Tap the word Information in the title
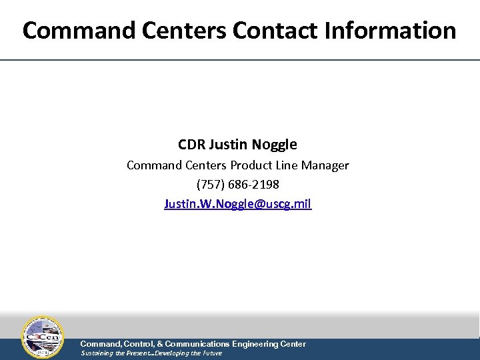(392, 31)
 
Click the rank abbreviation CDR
(191, 145)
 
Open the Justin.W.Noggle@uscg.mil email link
(238, 203)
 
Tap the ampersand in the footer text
(159, 344)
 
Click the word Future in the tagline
(211, 353)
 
